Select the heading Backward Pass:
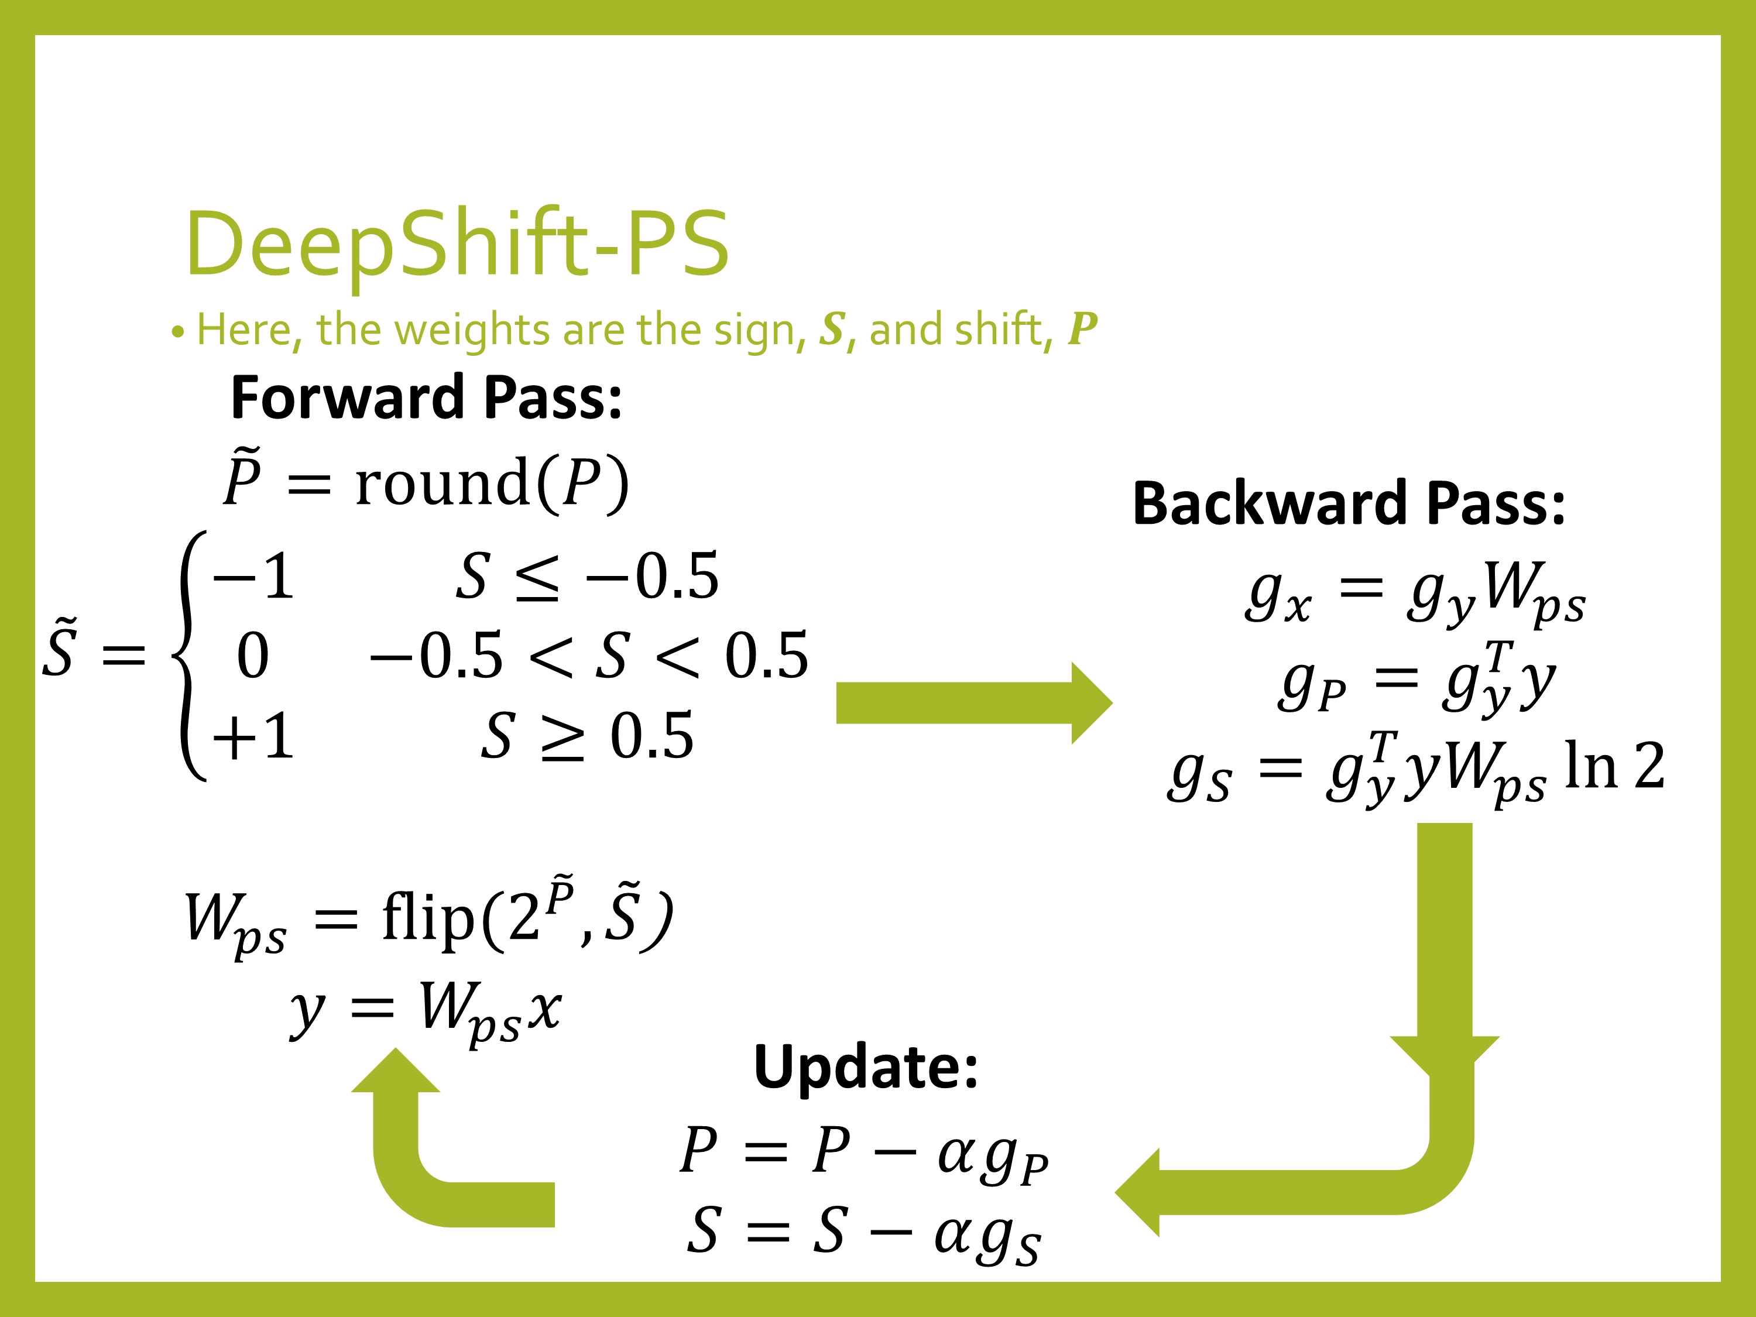(1349, 503)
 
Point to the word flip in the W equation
(428, 918)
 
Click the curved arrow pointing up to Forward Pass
(421, 1159)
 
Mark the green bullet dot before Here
(178, 332)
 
